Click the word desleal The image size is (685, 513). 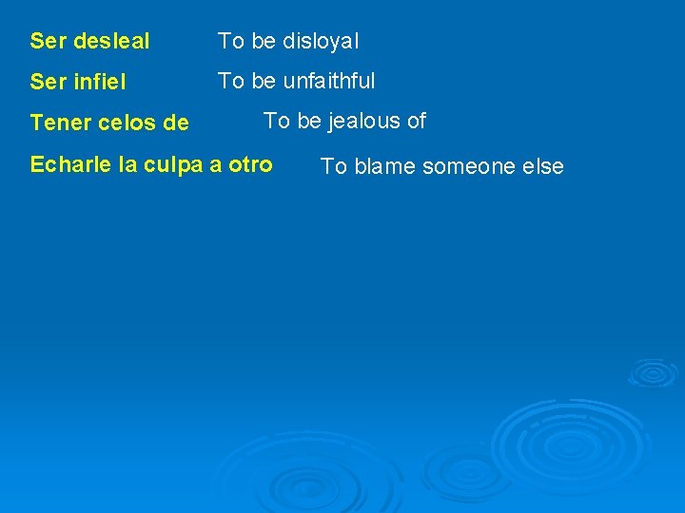pos(111,42)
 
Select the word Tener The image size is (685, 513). pos(55,123)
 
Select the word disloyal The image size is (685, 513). pos(321,42)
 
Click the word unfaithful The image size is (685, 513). pos(329,82)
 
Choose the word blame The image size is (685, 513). pos(385,167)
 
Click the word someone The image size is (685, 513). pos(468,167)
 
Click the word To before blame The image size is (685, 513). pos(333,167)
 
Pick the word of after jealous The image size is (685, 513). pos(416,122)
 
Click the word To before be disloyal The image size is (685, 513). pos(231,42)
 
